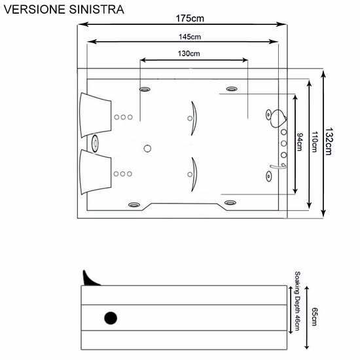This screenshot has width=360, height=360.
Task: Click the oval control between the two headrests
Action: pos(96,143)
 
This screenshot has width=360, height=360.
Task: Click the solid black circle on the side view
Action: pos(111,319)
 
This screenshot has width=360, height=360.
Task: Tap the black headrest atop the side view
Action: pos(90,278)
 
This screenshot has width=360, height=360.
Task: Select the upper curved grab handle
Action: pos(191,118)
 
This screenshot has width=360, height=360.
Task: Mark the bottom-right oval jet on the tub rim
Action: pos(230,203)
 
